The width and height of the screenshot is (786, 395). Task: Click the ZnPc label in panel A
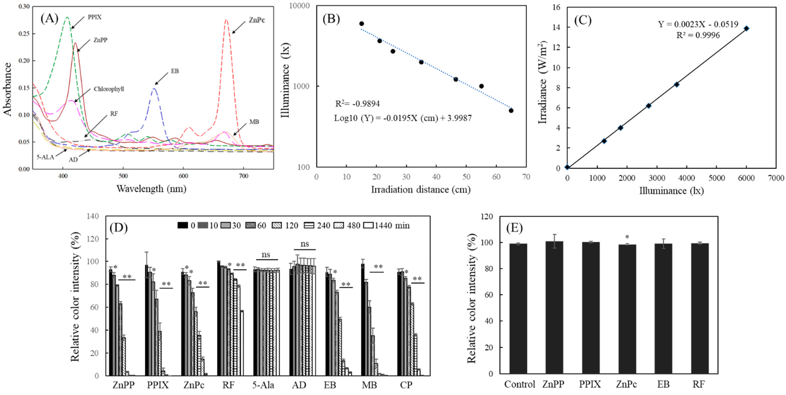point(257,20)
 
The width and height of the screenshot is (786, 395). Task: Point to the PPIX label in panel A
point(95,17)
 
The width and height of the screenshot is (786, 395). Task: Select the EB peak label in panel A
point(175,71)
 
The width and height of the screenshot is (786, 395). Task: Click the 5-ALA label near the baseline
point(45,157)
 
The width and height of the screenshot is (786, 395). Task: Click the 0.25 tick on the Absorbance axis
point(24,33)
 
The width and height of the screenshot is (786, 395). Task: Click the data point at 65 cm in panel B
point(511,111)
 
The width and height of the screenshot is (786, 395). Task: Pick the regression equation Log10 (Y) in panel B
point(403,118)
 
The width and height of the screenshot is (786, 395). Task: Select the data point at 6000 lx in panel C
point(746,28)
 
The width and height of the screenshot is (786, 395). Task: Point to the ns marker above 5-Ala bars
point(266,254)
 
